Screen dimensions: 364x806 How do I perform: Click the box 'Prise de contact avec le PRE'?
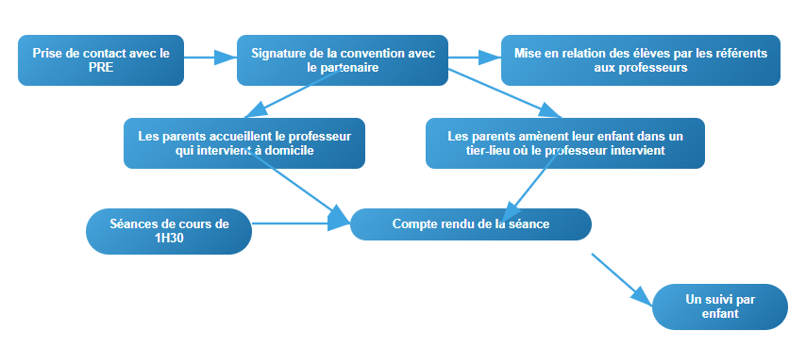(x=101, y=60)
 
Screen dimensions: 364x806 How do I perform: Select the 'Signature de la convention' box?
(x=342, y=60)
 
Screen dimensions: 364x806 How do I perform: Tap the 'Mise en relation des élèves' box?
(x=640, y=60)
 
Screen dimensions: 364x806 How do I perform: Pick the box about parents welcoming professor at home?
(x=243, y=142)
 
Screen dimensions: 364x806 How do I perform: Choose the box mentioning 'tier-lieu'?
(x=564, y=142)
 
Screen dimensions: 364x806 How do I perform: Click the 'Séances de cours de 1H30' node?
(x=169, y=231)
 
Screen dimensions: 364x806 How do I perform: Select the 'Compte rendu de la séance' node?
(x=470, y=223)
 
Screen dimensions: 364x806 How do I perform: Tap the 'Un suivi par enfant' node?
(x=719, y=306)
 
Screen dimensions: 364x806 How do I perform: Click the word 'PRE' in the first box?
(x=101, y=68)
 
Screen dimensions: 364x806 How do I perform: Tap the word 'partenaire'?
(x=343, y=68)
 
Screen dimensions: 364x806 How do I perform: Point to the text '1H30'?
(x=170, y=239)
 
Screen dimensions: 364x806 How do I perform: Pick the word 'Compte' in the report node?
(x=415, y=223)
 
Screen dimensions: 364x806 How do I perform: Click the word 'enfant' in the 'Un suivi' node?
(x=720, y=314)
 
